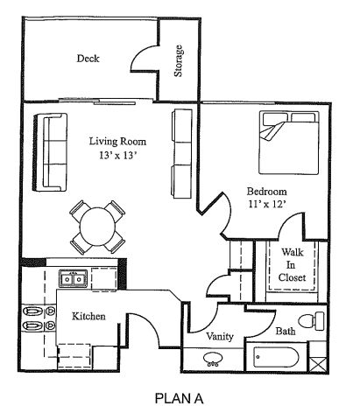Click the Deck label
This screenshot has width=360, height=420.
[x=88, y=59]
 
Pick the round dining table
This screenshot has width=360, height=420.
[x=97, y=226]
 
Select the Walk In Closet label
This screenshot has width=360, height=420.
[x=292, y=265]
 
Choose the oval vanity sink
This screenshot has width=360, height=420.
[x=214, y=359]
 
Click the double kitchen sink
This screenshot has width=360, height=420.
[x=73, y=279]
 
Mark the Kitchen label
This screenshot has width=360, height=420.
[x=89, y=316]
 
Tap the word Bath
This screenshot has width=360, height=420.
[x=285, y=332]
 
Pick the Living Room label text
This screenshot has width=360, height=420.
[x=117, y=142]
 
